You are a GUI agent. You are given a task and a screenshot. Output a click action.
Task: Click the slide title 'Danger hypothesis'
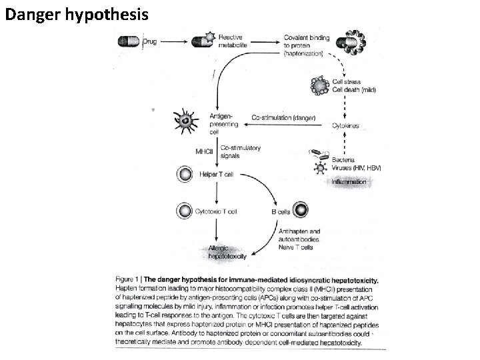tap(77, 13)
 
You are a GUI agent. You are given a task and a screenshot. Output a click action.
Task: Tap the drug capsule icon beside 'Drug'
tap(129, 41)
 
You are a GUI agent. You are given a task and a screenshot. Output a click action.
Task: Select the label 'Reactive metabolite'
tap(231, 41)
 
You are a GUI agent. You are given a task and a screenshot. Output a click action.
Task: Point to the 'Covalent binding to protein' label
tap(306, 45)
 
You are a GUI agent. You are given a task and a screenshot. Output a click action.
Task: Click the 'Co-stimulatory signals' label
tap(240, 151)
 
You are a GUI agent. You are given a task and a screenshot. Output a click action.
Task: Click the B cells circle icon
tap(301, 211)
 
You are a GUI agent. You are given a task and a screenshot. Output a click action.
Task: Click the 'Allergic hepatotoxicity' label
tap(227, 251)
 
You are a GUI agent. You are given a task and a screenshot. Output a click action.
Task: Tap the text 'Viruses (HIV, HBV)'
tap(357, 169)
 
